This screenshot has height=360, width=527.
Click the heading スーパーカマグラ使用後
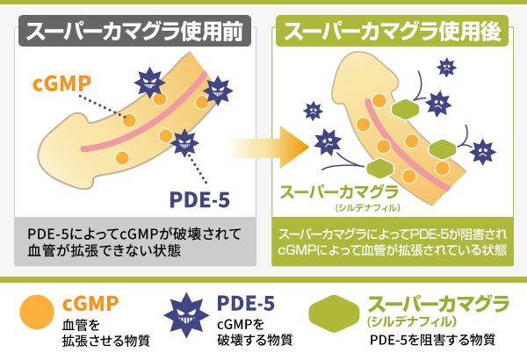point(393,33)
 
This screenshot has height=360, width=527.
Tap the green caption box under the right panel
point(392,242)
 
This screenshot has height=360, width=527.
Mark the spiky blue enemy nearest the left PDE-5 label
point(185,140)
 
